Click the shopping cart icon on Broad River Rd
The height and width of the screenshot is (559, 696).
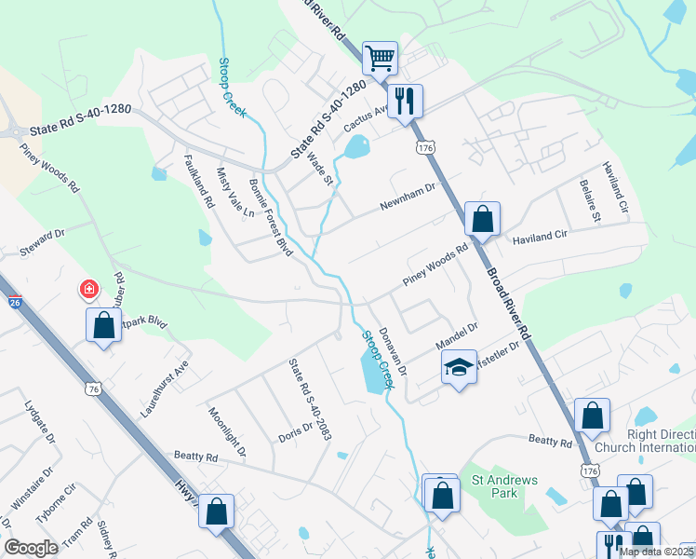point(380,59)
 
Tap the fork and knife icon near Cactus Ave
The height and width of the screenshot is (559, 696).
point(405,101)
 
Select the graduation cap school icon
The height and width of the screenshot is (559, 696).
point(458,368)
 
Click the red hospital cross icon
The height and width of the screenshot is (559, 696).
point(89,291)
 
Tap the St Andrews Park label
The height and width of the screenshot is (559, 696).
point(504,486)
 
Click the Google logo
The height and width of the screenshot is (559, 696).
point(31,548)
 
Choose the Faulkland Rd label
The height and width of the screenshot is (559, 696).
point(200,181)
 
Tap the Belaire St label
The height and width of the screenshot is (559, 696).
point(590,201)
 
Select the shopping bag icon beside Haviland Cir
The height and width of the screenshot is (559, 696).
point(482,221)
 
